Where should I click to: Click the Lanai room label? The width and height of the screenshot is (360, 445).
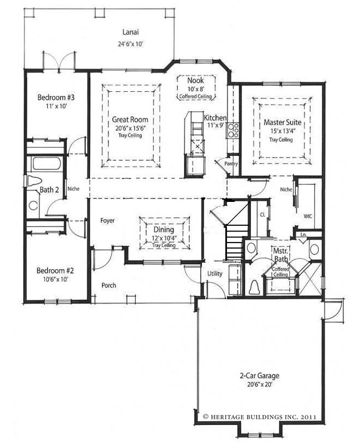(131, 32)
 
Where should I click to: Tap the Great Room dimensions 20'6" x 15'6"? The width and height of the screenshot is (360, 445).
(130, 128)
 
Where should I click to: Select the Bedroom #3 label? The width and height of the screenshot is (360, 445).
(56, 97)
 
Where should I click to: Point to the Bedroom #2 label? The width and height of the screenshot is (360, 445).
(55, 270)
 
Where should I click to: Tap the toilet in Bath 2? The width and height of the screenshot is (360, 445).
(34, 181)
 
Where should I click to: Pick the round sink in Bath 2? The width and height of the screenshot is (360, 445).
(33, 205)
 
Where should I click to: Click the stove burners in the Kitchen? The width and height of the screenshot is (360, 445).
(233, 131)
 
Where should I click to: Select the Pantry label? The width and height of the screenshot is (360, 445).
(231, 164)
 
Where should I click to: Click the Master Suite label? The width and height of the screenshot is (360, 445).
(283, 122)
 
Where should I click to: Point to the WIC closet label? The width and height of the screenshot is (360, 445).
(308, 216)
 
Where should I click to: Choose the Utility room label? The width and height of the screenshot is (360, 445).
(215, 274)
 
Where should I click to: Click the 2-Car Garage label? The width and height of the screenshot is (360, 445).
(259, 376)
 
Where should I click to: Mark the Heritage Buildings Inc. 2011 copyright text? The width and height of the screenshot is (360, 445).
(260, 417)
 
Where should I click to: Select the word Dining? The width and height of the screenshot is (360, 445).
(164, 230)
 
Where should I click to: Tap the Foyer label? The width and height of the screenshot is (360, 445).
(107, 220)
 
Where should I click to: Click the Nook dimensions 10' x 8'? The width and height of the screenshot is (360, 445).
(196, 89)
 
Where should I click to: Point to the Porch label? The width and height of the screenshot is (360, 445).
(109, 285)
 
